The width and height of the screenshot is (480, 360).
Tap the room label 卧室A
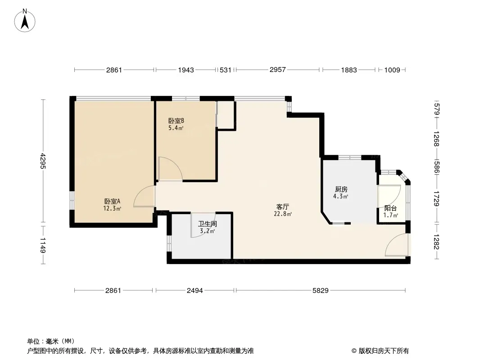pos(113,201)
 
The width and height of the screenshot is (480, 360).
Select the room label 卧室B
pos(176,121)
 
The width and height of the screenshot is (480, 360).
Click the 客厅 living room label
pos(282,207)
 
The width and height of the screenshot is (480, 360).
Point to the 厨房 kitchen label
pos(341,189)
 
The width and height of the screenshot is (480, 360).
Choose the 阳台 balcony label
pos(390,208)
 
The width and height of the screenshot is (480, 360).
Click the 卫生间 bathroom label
pos(207,224)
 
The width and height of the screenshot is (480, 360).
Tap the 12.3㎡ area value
pos(113,209)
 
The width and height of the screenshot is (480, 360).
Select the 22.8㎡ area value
pos(282,214)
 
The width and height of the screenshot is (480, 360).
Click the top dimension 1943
pos(186,70)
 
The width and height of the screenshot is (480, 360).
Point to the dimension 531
pos(226,70)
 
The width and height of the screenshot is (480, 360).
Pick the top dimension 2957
pos(278,70)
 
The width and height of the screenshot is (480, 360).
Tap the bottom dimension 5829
pos(321,291)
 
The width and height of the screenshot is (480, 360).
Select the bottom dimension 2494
pos(195,291)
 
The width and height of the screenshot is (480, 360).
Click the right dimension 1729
pos(436,198)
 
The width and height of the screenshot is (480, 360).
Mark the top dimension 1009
pos(392,70)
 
